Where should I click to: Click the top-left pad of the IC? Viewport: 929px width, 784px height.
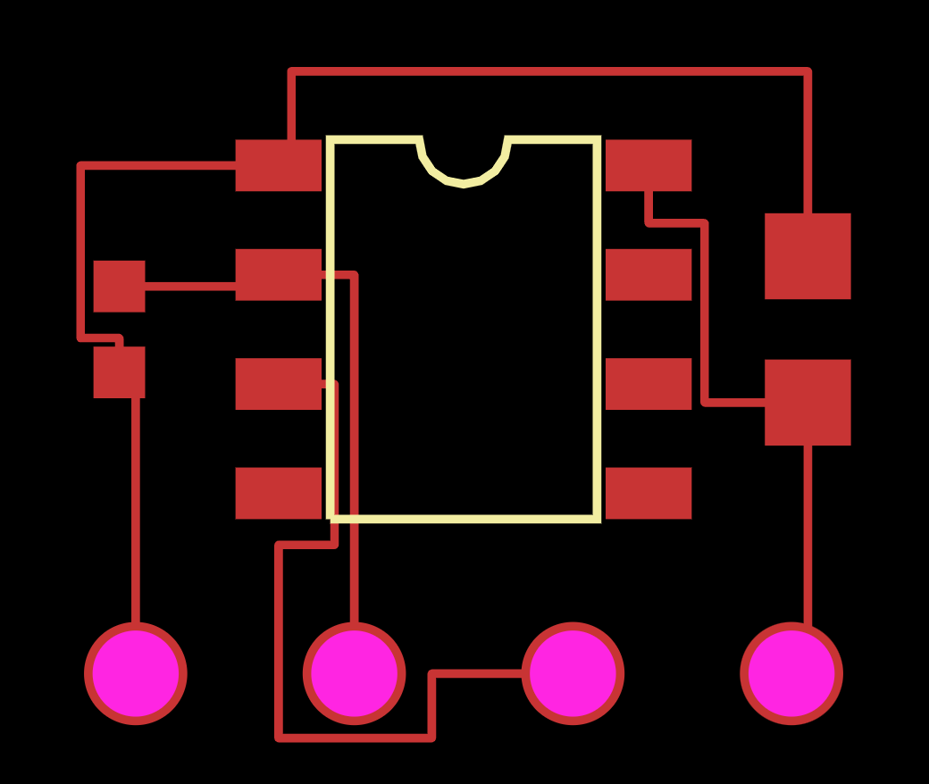(x=278, y=165)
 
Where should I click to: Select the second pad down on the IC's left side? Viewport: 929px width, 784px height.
(x=278, y=275)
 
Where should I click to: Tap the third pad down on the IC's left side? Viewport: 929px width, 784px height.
(x=278, y=384)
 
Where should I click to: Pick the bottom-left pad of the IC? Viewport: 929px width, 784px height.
(x=278, y=493)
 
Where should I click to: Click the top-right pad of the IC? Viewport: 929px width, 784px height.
(x=649, y=165)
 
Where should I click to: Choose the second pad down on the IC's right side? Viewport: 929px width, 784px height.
(x=649, y=275)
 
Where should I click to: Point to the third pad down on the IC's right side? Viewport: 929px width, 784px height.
(x=649, y=384)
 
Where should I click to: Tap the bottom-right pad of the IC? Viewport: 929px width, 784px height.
(x=649, y=493)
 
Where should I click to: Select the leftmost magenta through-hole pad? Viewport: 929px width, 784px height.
(x=136, y=673)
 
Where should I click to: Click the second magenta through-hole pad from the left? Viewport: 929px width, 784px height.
(x=355, y=673)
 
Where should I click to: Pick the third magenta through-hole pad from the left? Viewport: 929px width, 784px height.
(x=573, y=673)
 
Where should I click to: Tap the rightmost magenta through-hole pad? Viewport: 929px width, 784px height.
(x=791, y=673)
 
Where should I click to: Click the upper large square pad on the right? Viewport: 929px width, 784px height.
(x=808, y=256)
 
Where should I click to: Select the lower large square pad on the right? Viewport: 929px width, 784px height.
(x=808, y=402)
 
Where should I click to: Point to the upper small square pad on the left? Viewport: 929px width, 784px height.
(x=119, y=287)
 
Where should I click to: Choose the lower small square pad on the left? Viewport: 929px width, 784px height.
(x=119, y=372)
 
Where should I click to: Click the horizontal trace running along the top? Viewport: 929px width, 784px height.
(x=549, y=71)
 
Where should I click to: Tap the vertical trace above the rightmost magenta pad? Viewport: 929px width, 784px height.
(x=808, y=536)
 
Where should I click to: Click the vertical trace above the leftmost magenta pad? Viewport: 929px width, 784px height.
(x=136, y=509)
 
